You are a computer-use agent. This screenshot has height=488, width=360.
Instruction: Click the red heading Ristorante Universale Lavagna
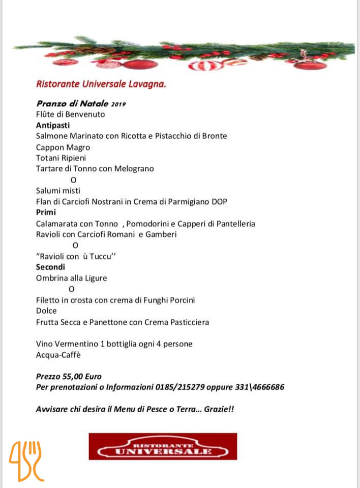pos(101,83)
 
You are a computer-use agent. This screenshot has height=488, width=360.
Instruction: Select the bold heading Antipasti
pos(53,125)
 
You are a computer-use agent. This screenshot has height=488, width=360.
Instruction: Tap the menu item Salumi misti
pos(58,191)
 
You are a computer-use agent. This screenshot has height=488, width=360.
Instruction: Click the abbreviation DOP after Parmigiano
pos(218,202)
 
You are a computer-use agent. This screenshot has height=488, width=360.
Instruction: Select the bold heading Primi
pos(46,212)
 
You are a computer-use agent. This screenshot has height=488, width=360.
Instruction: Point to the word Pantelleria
pos(232,224)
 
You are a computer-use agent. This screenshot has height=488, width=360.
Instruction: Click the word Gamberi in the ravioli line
pos(162,234)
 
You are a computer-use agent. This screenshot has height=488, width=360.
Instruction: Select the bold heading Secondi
pos(51,267)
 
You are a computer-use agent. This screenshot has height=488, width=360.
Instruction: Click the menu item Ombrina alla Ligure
pos(72,278)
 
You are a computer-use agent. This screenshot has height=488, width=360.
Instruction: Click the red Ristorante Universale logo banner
pos(163,446)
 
